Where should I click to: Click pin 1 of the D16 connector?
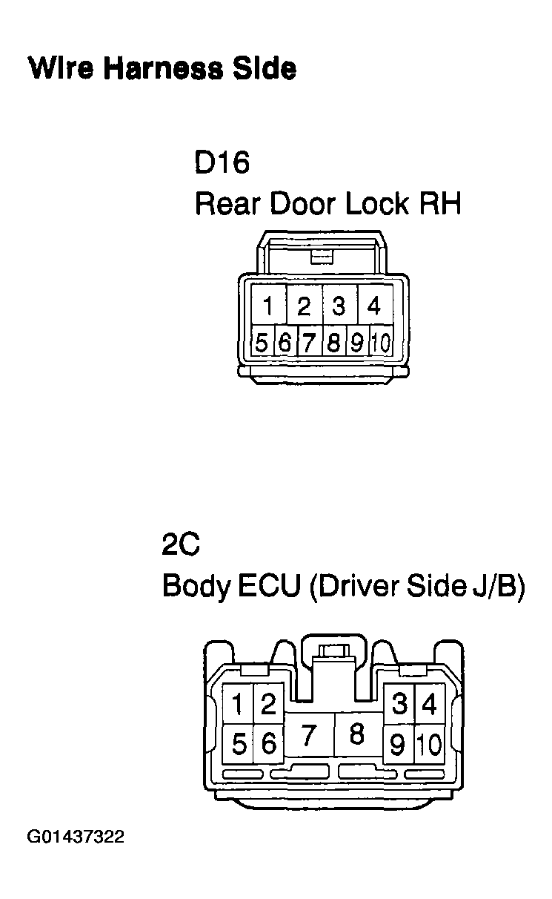(268, 305)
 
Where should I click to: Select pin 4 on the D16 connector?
(374, 305)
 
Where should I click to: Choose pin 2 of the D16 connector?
(305, 305)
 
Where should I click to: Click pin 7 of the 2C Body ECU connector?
(309, 734)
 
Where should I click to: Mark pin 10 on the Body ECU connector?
(429, 744)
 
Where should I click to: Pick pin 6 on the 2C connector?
(269, 744)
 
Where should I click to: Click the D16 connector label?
(222, 162)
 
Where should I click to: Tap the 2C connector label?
(181, 544)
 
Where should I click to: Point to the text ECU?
(269, 585)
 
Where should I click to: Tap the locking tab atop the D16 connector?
(322, 257)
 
